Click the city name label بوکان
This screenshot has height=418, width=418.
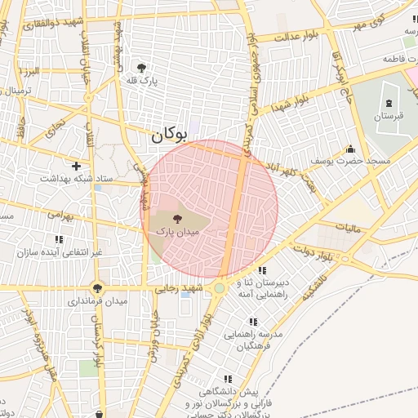pos(169,136)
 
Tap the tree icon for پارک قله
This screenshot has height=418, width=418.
pos(142,68)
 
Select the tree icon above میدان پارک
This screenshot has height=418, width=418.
pos(178,218)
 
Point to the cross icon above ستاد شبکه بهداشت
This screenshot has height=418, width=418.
pos(76,166)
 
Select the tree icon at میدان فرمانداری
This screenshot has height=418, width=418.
pos(98,288)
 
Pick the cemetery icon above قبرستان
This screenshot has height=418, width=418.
pos(389,104)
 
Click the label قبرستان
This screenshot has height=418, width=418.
pos(389,117)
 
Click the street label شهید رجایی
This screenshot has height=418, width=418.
pos(181,289)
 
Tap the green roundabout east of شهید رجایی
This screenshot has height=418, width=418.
pos(219,288)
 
